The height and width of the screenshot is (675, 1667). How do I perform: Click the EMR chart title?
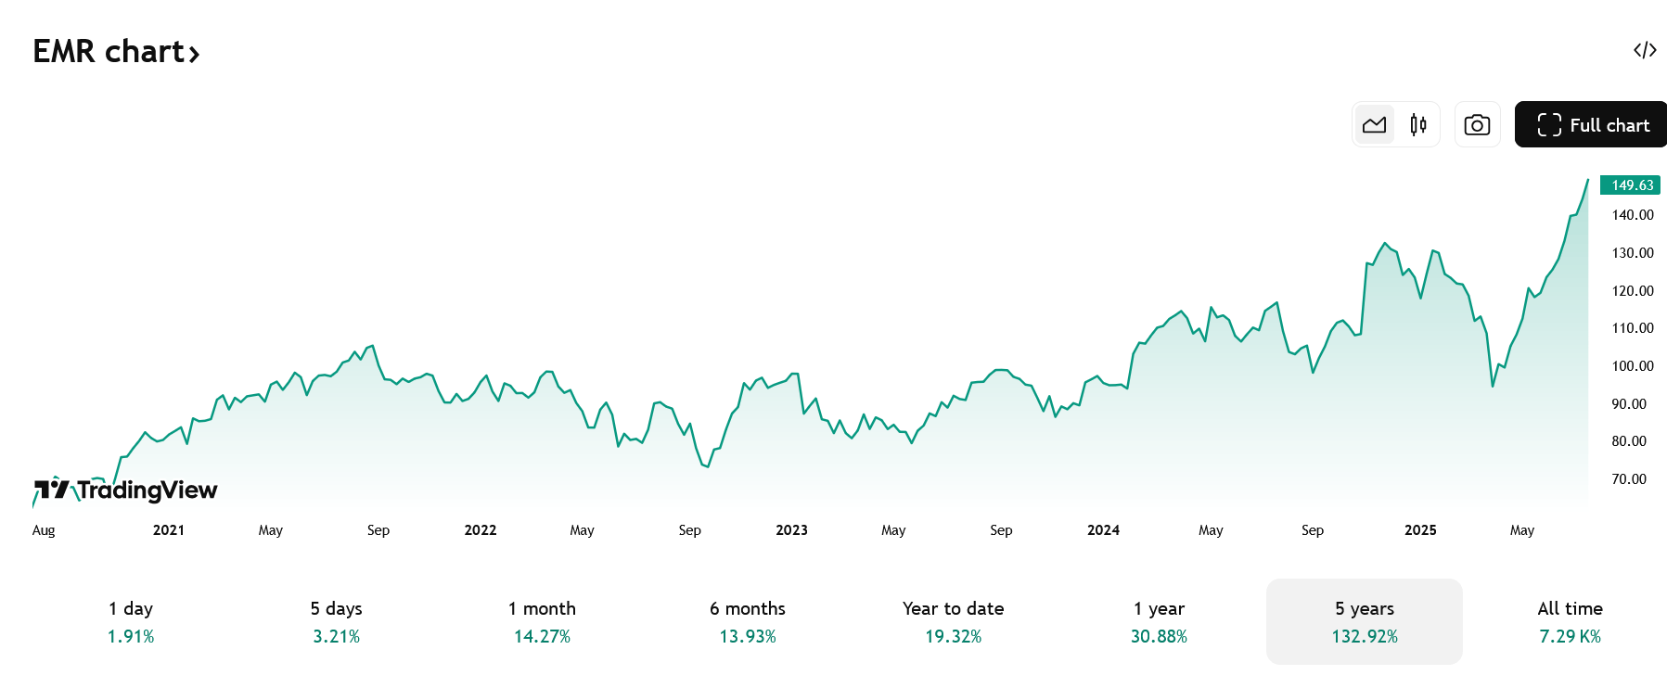(116, 51)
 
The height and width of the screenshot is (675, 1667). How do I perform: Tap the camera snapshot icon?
(1477, 124)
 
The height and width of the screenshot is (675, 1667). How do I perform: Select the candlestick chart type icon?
(1417, 124)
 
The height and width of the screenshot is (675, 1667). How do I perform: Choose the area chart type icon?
(1375, 124)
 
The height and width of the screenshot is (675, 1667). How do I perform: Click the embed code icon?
(1645, 50)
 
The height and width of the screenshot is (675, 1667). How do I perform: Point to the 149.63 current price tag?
(1630, 185)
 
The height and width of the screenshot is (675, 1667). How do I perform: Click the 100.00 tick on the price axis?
(1633, 366)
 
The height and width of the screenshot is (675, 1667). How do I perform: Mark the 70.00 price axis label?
(1629, 479)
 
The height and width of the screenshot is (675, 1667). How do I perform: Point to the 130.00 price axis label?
(1633, 253)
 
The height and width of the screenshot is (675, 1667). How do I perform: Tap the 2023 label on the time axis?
(791, 530)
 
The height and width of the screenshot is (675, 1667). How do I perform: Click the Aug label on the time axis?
(44, 530)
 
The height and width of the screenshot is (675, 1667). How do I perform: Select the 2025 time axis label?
(1420, 530)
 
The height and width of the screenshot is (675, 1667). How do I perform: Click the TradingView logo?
(125, 489)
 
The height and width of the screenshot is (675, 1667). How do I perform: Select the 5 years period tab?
(1365, 621)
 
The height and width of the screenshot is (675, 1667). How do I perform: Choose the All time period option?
(1570, 621)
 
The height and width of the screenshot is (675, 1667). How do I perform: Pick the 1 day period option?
(131, 621)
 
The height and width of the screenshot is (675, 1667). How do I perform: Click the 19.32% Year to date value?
(953, 637)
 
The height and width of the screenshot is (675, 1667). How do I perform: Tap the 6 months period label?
(748, 609)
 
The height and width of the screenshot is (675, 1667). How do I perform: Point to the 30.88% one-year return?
(1159, 637)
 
